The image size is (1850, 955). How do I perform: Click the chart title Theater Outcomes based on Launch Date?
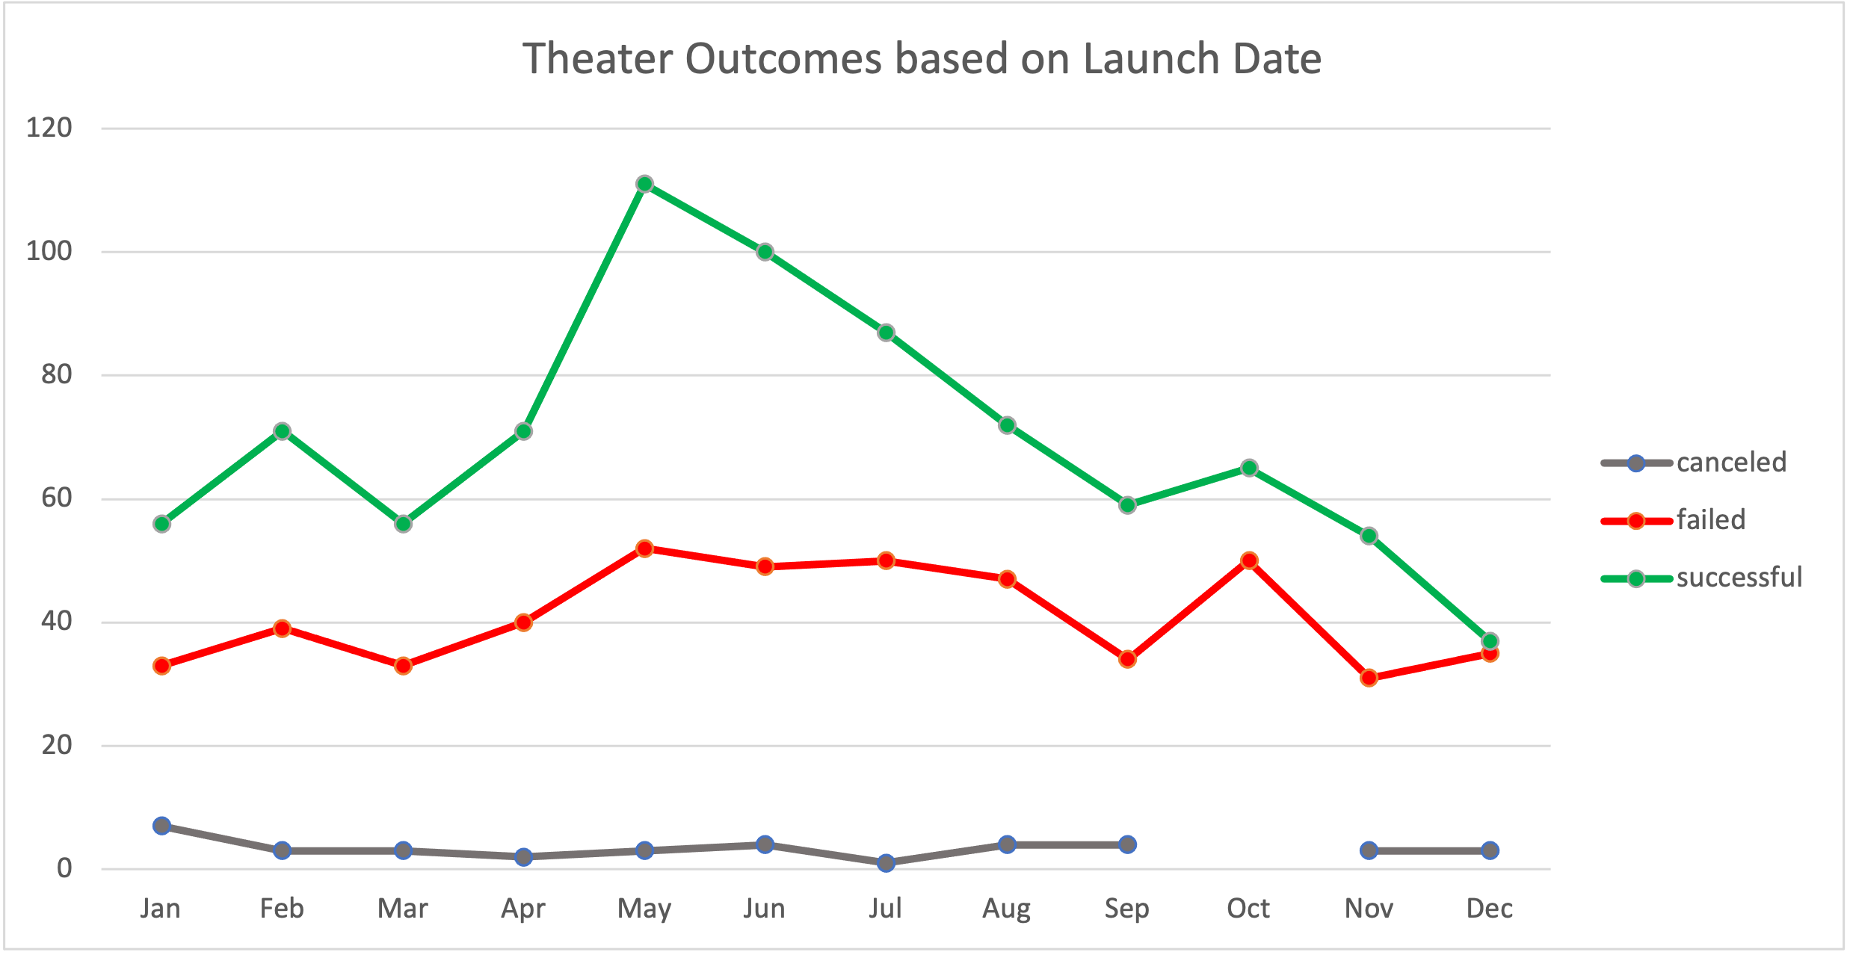pos(922,59)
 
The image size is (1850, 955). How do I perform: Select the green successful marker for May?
pos(644,184)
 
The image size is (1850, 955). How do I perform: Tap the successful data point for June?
pos(765,252)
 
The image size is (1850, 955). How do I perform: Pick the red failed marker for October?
pos(1248,560)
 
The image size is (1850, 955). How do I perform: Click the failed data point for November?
pos(1369,678)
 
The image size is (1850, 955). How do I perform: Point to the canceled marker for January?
pos(161,826)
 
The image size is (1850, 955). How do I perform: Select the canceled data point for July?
pos(886,863)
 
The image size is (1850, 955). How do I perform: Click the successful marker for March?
pos(403,524)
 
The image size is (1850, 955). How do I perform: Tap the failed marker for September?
pos(1127,659)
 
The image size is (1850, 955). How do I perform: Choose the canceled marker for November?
pos(1369,850)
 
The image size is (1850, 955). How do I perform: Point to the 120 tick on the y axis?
pos(49,128)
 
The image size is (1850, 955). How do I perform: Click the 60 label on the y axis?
pos(57,498)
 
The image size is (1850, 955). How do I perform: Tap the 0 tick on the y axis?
pos(64,868)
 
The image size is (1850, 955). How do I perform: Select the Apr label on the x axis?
pos(523,909)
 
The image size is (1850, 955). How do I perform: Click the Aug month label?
pos(1006,909)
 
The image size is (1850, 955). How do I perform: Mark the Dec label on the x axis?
pos(1489,909)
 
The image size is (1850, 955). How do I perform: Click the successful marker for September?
pos(1127,505)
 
